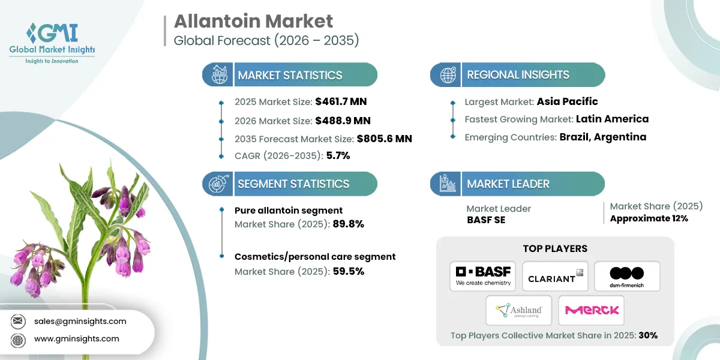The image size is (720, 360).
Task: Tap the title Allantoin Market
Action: [x=253, y=21]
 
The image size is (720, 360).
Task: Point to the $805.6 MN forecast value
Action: [x=384, y=139]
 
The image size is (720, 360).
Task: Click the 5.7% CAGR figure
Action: [x=338, y=155]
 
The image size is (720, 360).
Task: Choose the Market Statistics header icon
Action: [x=217, y=75]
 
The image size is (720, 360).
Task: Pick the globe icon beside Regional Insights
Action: [x=448, y=75]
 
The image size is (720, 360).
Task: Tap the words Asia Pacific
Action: [x=567, y=101]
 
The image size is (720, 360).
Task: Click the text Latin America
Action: [x=612, y=119]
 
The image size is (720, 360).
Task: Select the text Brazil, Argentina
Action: [x=603, y=137]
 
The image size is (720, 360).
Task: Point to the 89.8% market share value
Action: [x=348, y=224]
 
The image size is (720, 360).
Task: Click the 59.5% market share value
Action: [x=348, y=271]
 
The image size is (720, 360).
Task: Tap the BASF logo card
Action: [x=482, y=276]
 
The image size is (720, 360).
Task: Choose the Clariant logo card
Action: [x=555, y=276]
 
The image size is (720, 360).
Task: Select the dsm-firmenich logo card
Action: [x=627, y=276]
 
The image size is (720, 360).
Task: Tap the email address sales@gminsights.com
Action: [x=80, y=321]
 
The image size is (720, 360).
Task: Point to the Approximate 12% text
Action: [x=649, y=218]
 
